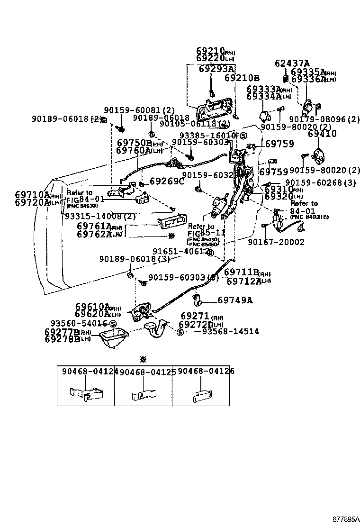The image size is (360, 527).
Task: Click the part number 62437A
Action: [292, 64]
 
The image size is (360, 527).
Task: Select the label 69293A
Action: [216, 69]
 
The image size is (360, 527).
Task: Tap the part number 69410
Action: [322, 134]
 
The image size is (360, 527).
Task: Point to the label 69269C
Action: [166, 182]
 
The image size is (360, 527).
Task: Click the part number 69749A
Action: [235, 300]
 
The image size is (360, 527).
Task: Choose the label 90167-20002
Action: [276, 242]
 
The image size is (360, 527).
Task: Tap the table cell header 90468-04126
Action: [206, 372]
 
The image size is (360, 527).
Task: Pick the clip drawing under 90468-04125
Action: [143, 393]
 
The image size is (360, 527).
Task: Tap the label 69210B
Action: [242, 78]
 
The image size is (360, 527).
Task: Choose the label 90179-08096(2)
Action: [324, 119]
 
